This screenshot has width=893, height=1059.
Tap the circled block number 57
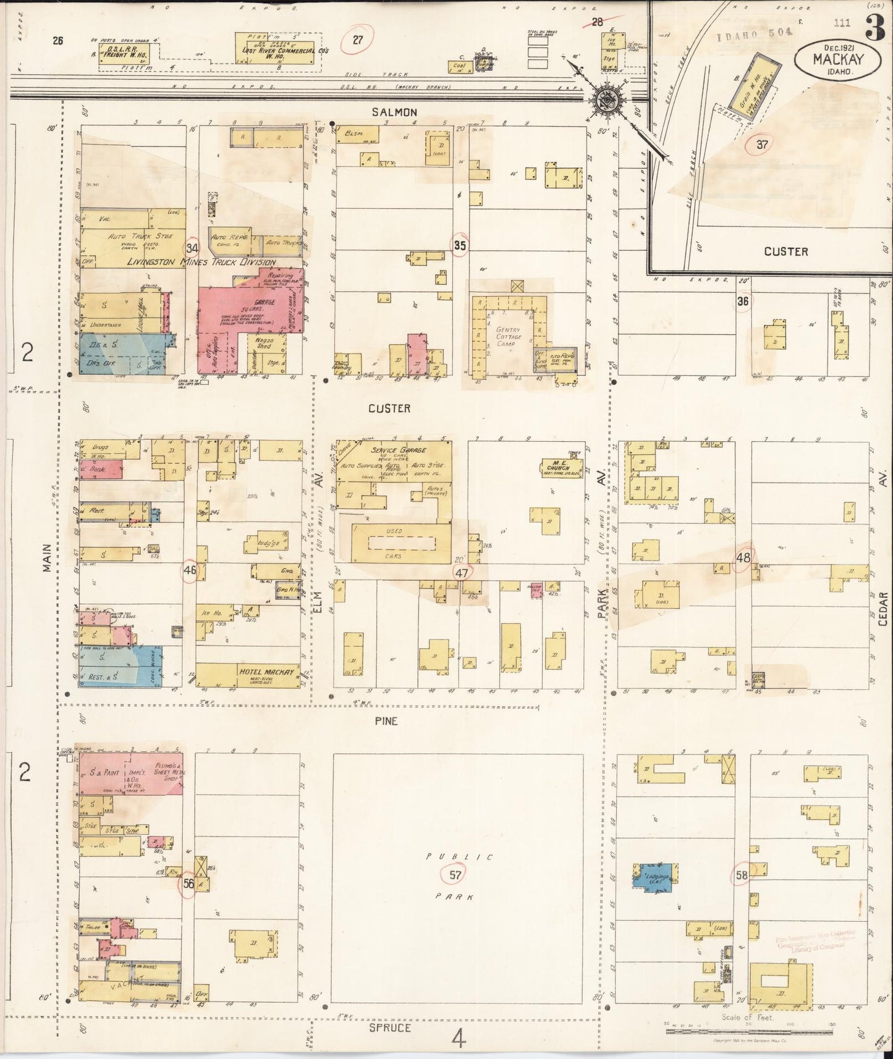tap(455, 874)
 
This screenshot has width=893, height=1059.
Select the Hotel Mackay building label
tap(269, 672)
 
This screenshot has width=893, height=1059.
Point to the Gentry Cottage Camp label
tap(508, 337)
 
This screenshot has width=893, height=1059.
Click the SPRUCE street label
tap(390, 1027)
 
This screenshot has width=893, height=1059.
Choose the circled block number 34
tap(192, 247)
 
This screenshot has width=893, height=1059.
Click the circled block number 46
tap(189, 570)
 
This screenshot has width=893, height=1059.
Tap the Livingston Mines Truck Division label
tap(201, 262)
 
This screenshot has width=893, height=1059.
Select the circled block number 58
tap(742, 875)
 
